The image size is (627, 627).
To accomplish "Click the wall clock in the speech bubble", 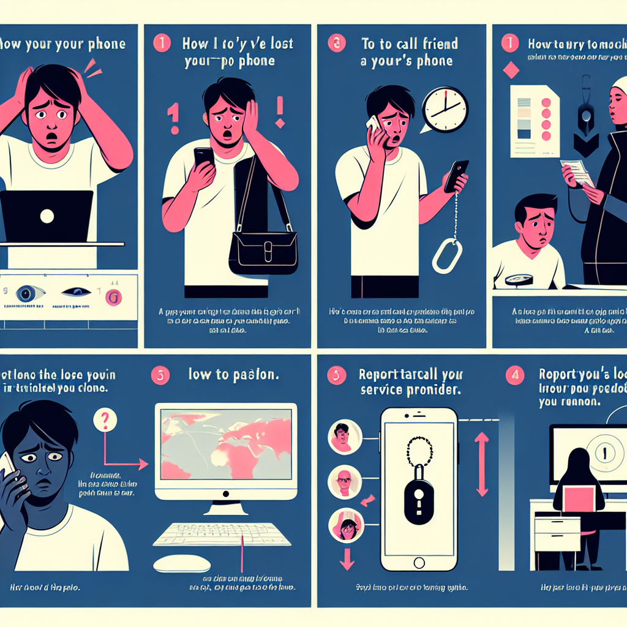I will tap(446, 110).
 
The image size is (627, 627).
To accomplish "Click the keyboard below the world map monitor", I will tap(222, 534).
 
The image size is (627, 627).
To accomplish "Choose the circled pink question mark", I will tap(105, 421).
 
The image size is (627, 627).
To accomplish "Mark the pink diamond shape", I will tap(510, 70).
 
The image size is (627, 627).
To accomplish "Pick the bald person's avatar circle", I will tap(344, 482).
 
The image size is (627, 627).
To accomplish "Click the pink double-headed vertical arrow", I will tap(482, 464).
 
